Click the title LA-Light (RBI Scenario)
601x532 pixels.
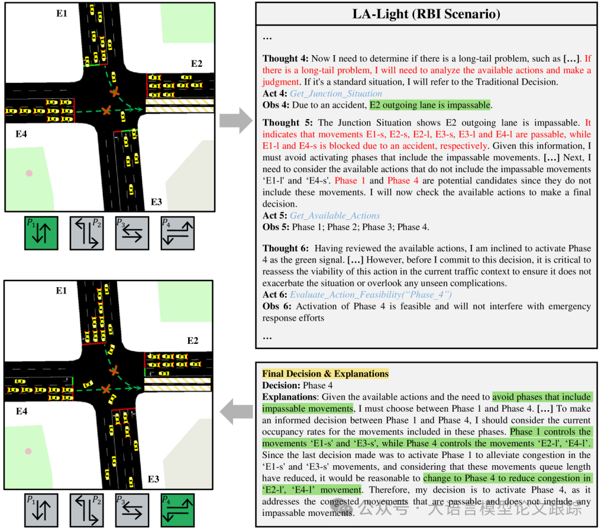(x=426, y=14)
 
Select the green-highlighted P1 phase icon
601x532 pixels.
(x=41, y=233)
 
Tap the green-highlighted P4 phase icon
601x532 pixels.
(x=178, y=510)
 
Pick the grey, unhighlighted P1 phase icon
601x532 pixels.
(x=41, y=510)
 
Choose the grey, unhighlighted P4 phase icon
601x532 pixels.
(x=178, y=233)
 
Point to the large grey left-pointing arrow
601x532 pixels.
(x=236, y=412)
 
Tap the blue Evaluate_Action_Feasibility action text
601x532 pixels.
(x=371, y=294)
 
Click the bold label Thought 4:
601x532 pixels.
(x=285, y=58)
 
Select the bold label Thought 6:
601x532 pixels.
(x=285, y=248)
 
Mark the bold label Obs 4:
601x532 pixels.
(x=275, y=105)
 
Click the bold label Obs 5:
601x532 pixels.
(x=275, y=227)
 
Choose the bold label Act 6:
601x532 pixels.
(x=275, y=294)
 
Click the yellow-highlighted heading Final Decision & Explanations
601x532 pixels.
(x=325, y=373)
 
